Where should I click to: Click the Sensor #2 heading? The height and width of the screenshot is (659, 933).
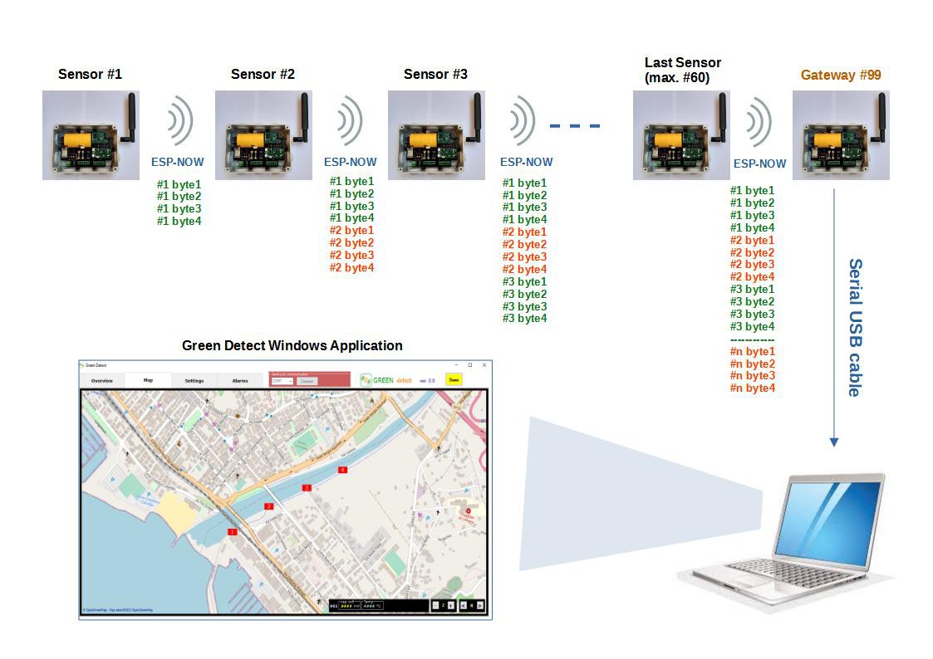[x=263, y=74]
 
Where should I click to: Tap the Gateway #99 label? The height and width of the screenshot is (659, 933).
[x=841, y=75]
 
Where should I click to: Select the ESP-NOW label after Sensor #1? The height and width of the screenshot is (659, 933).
[x=177, y=162]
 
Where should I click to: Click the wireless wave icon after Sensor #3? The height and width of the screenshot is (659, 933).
[x=523, y=122]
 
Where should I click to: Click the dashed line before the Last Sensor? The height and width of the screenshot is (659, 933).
[x=575, y=126]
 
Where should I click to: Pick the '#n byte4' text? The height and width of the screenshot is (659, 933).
[x=752, y=388]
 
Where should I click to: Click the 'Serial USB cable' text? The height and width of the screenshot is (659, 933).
[x=854, y=327]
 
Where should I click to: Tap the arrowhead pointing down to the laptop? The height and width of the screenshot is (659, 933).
[x=834, y=442]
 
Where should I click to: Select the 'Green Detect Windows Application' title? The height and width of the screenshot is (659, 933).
[x=292, y=345]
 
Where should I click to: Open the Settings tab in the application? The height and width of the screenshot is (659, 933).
[x=194, y=381]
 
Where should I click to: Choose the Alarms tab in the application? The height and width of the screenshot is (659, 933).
[x=240, y=381]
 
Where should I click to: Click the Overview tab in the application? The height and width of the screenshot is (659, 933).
[x=102, y=381]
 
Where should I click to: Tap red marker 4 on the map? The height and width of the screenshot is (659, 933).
[x=342, y=470]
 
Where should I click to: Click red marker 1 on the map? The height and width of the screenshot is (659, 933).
[x=233, y=532]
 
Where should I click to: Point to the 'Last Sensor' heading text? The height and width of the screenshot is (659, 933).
[x=683, y=62]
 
